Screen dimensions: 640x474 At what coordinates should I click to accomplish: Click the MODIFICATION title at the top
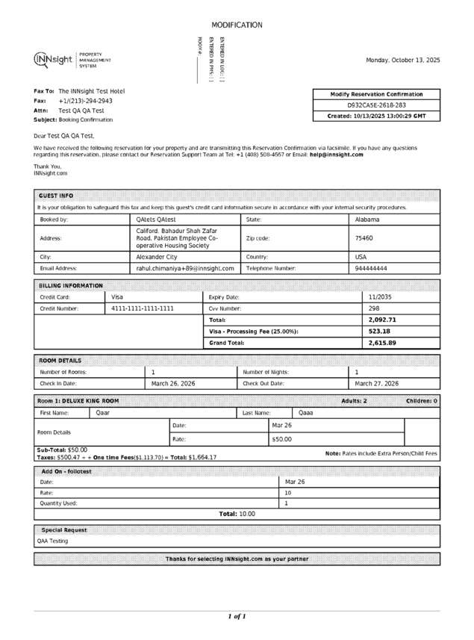click(x=237, y=25)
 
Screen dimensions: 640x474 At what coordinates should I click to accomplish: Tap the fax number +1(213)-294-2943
click(x=86, y=100)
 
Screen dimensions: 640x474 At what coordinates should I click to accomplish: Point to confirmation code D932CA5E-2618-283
click(x=377, y=105)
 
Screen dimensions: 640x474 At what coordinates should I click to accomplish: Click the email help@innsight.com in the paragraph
click(x=337, y=155)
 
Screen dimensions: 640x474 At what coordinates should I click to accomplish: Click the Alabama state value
click(x=367, y=220)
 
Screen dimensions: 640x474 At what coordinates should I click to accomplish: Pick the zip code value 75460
click(x=364, y=238)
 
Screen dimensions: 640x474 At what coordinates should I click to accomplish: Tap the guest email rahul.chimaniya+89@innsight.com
click(x=185, y=267)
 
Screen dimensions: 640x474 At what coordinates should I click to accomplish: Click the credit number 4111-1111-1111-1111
click(x=143, y=308)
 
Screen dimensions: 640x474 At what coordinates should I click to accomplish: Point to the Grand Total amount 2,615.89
click(x=382, y=343)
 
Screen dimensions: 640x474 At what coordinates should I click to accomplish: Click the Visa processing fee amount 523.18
click(x=379, y=331)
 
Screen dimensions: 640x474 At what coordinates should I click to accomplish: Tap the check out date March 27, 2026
click(x=376, y=383)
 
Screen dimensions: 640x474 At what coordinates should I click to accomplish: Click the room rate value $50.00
click(x=281, y=439)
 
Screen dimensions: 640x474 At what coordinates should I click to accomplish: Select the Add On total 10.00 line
click(x=237, y=514)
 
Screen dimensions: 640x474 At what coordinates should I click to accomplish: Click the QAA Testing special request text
click(x=53, y=541)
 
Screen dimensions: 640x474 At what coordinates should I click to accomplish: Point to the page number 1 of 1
click(x=237, y=616)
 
